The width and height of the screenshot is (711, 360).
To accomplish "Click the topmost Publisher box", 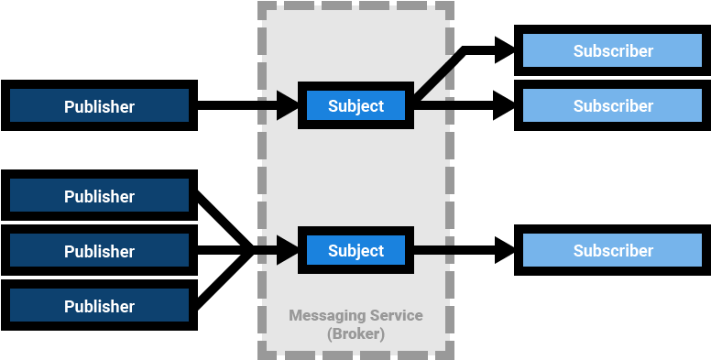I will (99, 106).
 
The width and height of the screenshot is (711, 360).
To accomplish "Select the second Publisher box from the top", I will (99, 196).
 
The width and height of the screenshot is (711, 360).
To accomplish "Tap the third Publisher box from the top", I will (99, 251).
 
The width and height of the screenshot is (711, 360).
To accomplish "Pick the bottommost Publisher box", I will (99, 306).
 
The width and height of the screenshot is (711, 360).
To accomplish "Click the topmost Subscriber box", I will (613, 51).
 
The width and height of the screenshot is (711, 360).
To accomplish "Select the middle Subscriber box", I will (613, 106).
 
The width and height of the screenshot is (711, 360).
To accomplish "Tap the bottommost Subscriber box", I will (613, 251).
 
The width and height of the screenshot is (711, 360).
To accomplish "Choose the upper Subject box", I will (355, 106).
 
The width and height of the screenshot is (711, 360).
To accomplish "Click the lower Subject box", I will (355, 251).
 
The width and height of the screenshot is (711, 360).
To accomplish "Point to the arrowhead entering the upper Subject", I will (288, 106).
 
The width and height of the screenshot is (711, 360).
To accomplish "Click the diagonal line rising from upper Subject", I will (435, 81).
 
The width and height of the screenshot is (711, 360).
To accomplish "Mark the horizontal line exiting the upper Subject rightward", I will (435, 106).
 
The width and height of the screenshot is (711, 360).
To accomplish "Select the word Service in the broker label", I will (396, 316).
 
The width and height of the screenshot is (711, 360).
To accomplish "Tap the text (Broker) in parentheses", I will (355, 334).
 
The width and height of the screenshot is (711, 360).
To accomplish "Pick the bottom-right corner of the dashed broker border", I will (450, 355).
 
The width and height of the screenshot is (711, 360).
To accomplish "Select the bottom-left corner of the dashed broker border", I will (262, 355).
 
